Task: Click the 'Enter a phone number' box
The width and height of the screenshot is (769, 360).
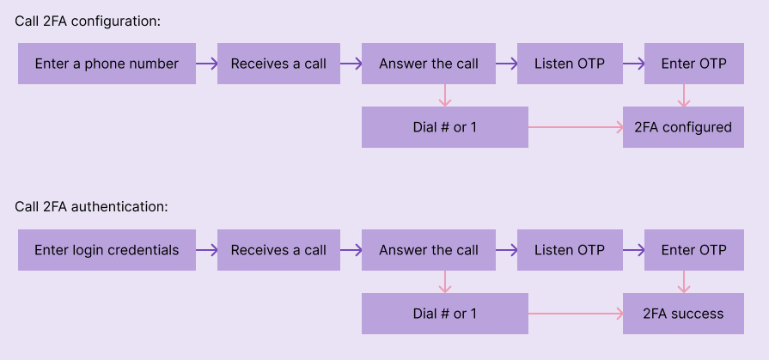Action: point(107,64)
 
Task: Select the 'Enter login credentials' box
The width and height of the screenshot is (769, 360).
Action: point(107,250)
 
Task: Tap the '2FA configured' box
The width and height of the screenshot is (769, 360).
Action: point(683,127)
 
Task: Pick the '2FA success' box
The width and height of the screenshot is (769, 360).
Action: point(683,314)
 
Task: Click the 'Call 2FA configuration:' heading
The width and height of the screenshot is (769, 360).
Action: point(88,21)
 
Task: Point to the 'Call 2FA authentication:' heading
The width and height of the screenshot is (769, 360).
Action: point(91,207)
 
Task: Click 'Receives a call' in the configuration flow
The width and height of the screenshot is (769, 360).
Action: point(278,64)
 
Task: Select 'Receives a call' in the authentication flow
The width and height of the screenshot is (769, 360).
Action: point(278,250)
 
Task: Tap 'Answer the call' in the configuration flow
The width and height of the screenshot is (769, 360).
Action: point(429,64)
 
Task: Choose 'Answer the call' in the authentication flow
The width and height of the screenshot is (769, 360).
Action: point(429,250)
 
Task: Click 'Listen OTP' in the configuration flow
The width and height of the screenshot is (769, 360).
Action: point(570,64)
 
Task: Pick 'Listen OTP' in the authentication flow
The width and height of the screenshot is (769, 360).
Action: point(570,250)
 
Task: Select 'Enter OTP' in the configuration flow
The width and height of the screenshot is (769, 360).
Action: point(693,64)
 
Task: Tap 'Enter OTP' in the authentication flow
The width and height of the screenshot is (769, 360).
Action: point(693,250)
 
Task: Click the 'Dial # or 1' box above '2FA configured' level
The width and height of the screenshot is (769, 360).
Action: point(444,127)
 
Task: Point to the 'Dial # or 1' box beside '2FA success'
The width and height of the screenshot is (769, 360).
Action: point(444,314)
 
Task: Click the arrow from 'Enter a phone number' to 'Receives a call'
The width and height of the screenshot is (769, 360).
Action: point(206,64)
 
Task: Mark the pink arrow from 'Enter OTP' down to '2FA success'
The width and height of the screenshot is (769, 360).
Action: point(684,282)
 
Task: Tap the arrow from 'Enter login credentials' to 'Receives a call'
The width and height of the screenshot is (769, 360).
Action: point(206,250)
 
